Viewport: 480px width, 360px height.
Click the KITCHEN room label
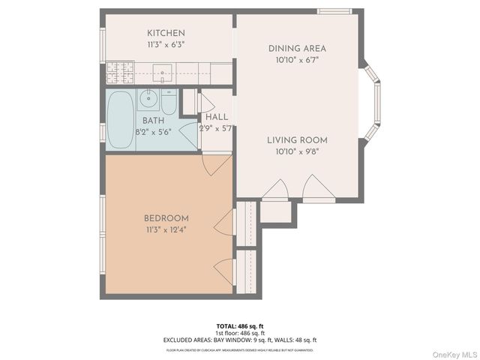pyautogui.click(x=166, y=33)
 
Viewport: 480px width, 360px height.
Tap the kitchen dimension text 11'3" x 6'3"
pyautogui.click(x=166, y=44)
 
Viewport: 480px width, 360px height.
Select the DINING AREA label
pyautogui.click(x=297, y=49)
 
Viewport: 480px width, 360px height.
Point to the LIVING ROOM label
pyautogui.click(x=297, y=139)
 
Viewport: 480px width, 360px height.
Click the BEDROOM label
pyautogui.click(x=166, y=218)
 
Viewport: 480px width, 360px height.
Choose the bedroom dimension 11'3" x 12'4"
pyautogui.click(x=166, y=229)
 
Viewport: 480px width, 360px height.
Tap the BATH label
pyautogui.click(x=153, y=120)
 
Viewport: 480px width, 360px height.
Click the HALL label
pyautogui.click(x=217, y=117)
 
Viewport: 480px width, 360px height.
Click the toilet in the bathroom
pyautogui.click(x=169, y=100)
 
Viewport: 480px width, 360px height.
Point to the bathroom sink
pyautogui.click(x=148, y=97)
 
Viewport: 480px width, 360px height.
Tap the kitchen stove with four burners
pyautogui.click(x=119, y=72)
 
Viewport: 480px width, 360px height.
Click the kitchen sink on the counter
pyautogui.click(x=163, y=72)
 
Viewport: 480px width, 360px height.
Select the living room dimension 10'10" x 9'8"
pyautogui.click(x=297, y=151)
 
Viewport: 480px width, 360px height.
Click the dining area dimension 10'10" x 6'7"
pyautogui.click(x=297, y=60)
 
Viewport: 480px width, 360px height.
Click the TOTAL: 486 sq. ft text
pyautogui.click(x=239, y=326)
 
